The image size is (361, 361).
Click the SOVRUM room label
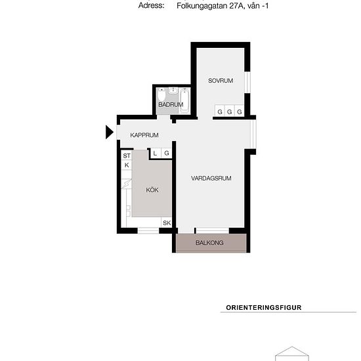pos(221,81)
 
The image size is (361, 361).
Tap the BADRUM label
pos(169,105)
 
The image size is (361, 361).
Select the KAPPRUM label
pos(144,135)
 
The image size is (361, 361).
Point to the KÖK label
pos(152,190)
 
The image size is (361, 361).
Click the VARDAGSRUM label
pos(211,178)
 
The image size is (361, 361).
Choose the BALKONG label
pos(209,243)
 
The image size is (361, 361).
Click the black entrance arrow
pos(110,133)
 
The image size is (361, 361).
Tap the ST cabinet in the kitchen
pos(127,156)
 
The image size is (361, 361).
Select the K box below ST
pos(127,165)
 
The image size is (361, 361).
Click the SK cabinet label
pos(167,223)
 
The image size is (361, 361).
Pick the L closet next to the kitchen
pos(155,154)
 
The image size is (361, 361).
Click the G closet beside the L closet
pos(167,154)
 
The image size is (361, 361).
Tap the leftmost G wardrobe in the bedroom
pos(220,112)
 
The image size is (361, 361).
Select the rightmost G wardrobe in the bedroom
pos(240,112)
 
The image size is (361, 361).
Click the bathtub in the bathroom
pos(184,100)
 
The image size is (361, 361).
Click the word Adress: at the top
pos(151,5)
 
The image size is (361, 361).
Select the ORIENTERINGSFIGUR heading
pos(263,307)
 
